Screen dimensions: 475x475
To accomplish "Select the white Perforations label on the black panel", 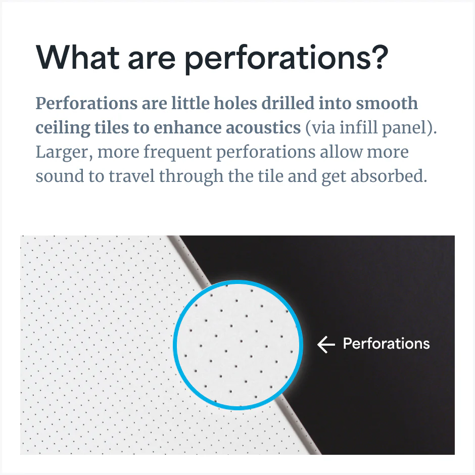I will [386, 344].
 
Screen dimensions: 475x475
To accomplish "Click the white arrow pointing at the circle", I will [326, 345].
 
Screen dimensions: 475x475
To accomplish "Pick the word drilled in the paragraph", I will [287, 104].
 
